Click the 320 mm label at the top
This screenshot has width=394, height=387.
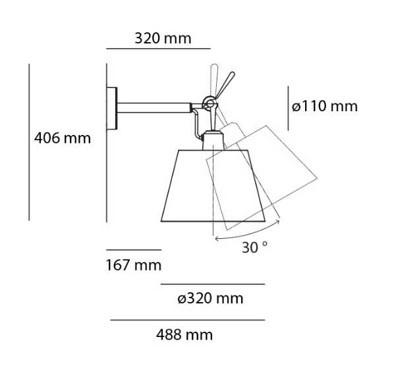pyautogui.click(x=163, y=38)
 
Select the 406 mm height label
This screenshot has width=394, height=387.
pyautogui.click(x=63, y=138)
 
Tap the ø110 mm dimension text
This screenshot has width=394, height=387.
pyautogui.click(x=325, y=106)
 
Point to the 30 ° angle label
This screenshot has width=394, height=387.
pyautogui.click(x=254, y=247)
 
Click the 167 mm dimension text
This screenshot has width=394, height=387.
pyautogui.click(x=134, y=265)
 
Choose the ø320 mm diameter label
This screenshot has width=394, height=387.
pyautogui.click(x=210, y=299)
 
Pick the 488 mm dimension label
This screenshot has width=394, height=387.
pyautogui.click(x=184, y=335)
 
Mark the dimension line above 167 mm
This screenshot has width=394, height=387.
pyautogui.click(x=134, y=250)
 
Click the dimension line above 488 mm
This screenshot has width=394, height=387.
pyautogui.click(x=187, y=321)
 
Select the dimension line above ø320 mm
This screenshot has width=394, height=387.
pyautogui.click(x=213, y=284)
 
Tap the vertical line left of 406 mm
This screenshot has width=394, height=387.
pyautogui.click(x=30, y=142)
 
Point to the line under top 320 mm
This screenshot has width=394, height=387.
pyautogui.click(x=158, y=49)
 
